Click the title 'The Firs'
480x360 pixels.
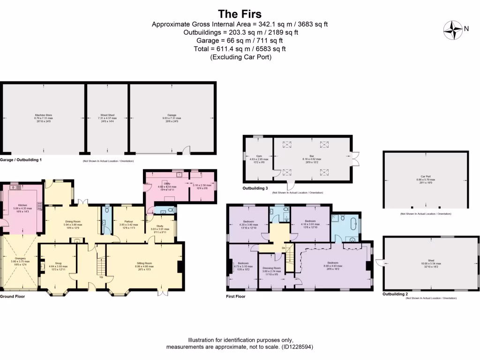240,14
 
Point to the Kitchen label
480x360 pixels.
23,205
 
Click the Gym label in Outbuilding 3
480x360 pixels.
259,156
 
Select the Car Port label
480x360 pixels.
426,176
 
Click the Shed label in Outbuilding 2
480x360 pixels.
431,260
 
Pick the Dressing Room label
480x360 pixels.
271,268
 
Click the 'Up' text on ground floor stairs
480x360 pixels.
102,277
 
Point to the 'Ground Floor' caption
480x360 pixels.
12,297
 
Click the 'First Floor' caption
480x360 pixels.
237,297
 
